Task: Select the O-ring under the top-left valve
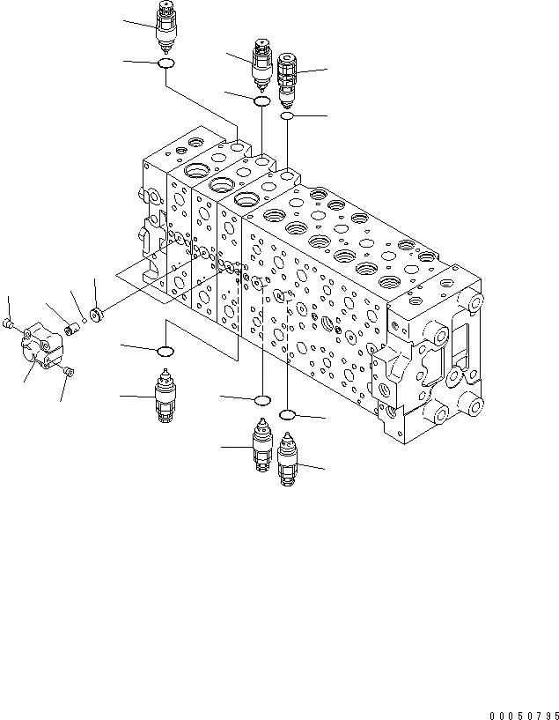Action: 165,63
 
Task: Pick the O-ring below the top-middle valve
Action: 261,102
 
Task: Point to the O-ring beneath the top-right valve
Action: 287,116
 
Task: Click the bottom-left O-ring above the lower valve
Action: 165,353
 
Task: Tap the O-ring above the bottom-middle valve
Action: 261,402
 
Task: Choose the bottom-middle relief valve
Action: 261,448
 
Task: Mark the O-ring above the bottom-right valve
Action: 288,413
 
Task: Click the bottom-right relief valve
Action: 288,459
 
